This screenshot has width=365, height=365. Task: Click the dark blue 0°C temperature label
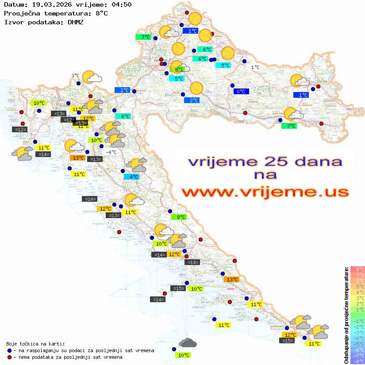241,92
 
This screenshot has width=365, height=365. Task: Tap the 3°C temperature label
75,76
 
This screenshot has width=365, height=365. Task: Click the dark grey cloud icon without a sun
188,342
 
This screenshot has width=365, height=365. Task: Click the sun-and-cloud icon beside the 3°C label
92,77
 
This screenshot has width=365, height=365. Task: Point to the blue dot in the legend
10,350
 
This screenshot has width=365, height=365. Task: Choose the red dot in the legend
10,357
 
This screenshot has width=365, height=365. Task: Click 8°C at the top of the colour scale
357,269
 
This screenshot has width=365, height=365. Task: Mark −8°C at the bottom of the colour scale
357,361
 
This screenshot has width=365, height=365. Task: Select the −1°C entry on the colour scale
357,321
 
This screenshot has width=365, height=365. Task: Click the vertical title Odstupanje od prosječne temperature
346,315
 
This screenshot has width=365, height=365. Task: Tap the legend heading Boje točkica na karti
35,344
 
